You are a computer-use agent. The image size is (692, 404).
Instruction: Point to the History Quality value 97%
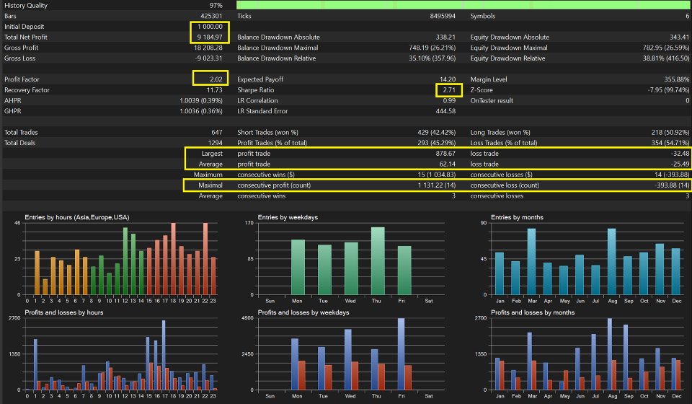(x=220, y=5)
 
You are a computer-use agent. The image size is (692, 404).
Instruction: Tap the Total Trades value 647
(x=221, y=133)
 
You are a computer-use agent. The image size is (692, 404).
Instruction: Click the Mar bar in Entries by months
(x=531, y=261)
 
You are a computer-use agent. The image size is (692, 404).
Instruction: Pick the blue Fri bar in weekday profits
(x=401, y=353)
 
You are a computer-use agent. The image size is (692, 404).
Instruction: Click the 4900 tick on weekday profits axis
(x=247, y=318)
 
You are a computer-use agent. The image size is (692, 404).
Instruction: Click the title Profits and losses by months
(x=527, y=312)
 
